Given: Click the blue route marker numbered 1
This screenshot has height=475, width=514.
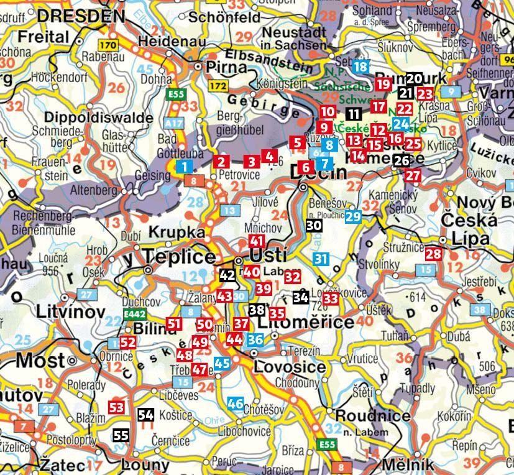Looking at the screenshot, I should coord(184,166).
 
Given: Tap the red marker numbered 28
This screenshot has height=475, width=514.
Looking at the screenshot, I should coord(433,254).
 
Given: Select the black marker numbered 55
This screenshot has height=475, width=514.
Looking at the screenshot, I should coord(121,435).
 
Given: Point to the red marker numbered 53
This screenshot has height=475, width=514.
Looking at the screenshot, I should coord(116,407).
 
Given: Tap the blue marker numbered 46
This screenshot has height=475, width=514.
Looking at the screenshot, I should coord(235,403).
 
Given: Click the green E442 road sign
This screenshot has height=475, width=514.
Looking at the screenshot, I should coord(134,315).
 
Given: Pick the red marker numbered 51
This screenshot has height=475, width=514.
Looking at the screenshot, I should coord(175,323).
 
